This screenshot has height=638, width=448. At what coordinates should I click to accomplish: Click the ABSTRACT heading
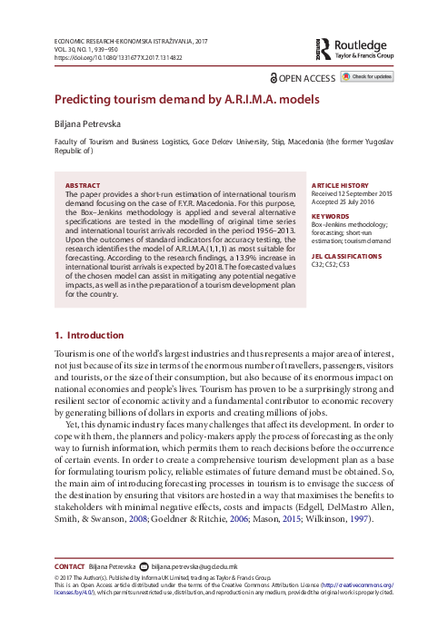[x=85, y=184]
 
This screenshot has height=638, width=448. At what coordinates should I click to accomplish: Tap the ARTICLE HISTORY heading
[x=339, y=184]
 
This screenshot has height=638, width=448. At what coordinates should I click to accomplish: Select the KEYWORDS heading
[x=329, y=217]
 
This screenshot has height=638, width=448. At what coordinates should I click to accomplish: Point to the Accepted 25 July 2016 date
[x=344, y=201]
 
